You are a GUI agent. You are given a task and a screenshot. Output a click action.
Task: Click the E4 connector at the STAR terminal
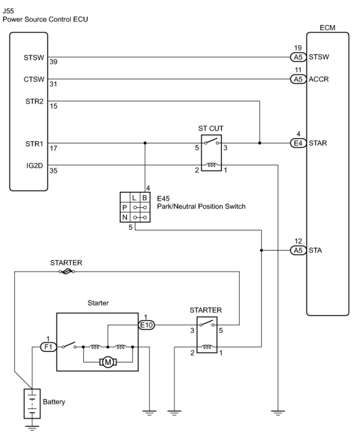click(x=298, y=143)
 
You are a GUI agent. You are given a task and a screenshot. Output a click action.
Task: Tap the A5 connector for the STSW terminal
click(x=298, y=57)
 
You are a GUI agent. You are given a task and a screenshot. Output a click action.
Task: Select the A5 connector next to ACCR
click(x=298, y=79)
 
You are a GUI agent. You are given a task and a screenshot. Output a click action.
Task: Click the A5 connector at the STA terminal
click(x=298, y=250)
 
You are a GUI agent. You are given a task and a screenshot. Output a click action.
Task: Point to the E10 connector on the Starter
click(x=146, y=325)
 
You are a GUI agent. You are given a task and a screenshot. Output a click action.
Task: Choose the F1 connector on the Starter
click(x=48, y=347)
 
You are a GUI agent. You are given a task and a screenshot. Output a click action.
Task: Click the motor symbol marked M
click(x=108, y=362)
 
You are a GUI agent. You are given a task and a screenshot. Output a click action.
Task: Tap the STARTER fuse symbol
click(x=67, y=272)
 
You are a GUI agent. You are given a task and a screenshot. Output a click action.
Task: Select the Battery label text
click(x=54, y=402)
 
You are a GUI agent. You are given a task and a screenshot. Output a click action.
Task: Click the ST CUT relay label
click(x=211, y=128)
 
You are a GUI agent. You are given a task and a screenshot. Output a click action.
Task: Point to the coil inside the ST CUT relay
click(x=212, y=165)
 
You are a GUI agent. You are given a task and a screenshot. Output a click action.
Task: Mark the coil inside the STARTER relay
click(x=207, y=347)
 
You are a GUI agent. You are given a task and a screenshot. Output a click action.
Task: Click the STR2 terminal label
click(x=35, y=102)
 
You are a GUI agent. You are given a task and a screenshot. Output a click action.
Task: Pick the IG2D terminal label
click(x=35, y=166)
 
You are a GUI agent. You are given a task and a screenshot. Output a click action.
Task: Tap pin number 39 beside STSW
click(x=54, y=62)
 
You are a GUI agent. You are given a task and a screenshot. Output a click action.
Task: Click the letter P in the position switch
click(x=125, y=208)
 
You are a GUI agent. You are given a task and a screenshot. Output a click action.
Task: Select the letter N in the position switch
click(x=125, y=218)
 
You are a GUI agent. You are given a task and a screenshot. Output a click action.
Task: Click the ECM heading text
click(x=327, y=28)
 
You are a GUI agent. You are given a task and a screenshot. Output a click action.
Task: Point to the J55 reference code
click(x=8, y=11)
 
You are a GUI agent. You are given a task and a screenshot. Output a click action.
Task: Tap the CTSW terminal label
click(x=34, y=79)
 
